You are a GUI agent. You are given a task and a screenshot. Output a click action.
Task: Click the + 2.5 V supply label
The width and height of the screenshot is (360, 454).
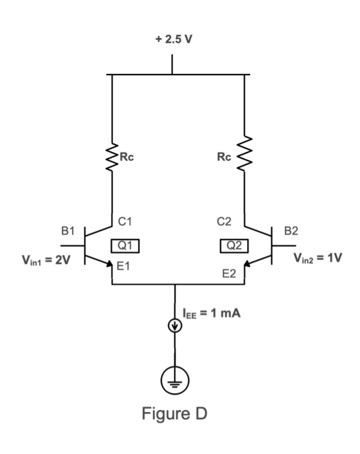pos(173,41)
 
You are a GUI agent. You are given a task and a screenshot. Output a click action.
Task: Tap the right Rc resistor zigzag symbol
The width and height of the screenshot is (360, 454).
pos(244,157)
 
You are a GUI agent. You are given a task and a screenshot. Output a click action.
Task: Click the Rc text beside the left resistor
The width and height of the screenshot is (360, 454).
pos(127,157)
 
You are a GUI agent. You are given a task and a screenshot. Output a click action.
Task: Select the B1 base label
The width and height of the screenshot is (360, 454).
pos(69,230)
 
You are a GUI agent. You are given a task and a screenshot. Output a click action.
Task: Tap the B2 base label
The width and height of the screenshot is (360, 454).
pos(291,230)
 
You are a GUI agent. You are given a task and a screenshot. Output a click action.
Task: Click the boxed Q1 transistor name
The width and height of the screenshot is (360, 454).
pos(126,245)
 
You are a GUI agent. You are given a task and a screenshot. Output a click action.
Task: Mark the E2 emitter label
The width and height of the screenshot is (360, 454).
pos(229,275)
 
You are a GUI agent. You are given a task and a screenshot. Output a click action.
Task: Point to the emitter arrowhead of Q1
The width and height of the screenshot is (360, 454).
pos(110,265)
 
